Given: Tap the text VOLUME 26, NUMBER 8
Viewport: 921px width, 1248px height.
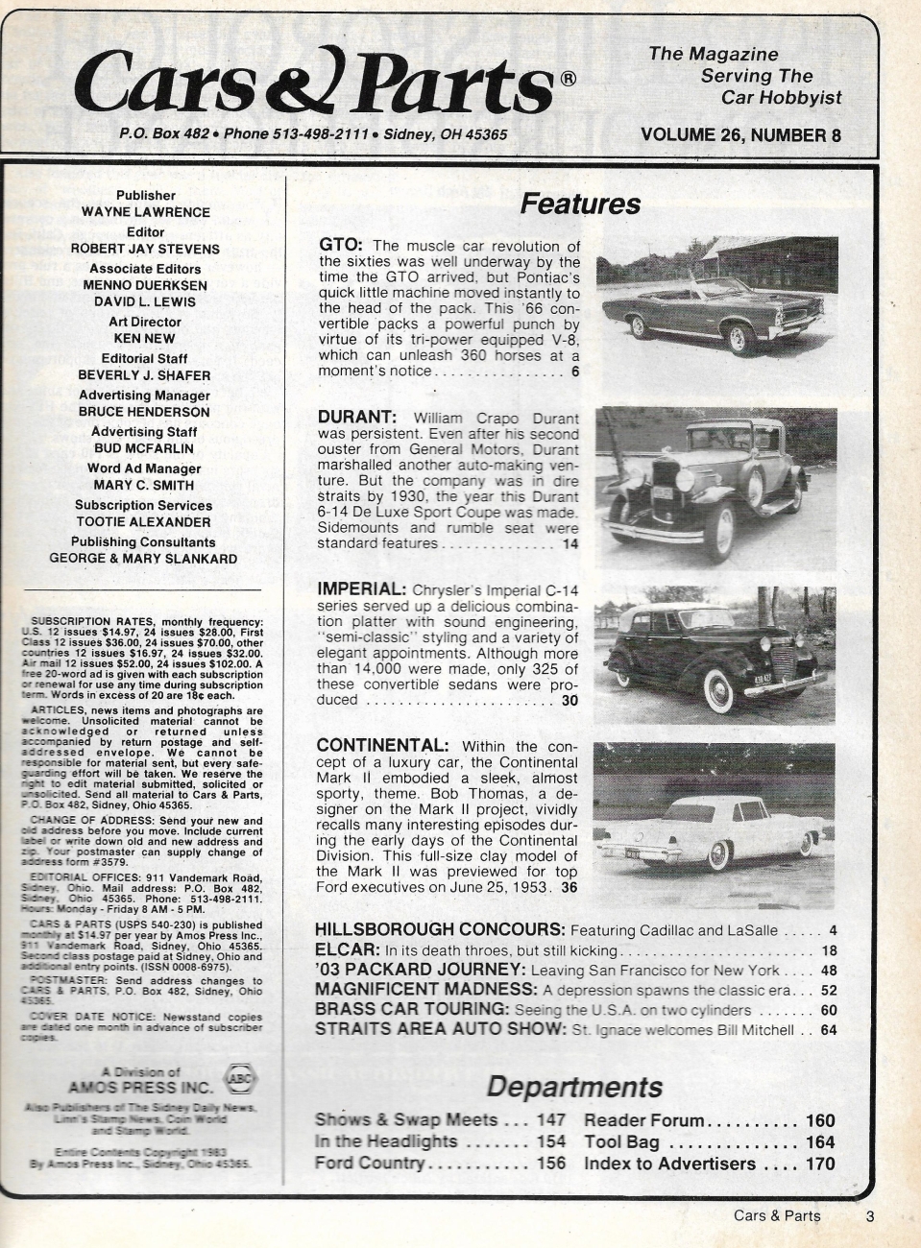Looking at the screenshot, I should click(x=739, y=135).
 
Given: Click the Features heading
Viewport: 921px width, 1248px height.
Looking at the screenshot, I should click(x=579, y=204).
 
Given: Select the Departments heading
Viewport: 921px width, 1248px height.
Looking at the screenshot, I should click(x=573, y=1087).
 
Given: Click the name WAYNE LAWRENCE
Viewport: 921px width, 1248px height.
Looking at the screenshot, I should click(x=145, y=212).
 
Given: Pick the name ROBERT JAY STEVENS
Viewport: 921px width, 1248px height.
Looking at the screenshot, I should click(x=145, y=248).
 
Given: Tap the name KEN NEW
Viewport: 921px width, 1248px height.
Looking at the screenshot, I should click(x=145, y=339).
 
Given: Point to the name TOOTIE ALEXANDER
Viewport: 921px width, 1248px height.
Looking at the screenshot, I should click(x=145, y=522).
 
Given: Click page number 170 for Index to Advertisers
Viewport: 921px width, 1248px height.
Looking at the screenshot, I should click(x=819, y=1164).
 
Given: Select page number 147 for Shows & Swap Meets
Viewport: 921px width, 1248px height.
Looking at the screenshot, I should click(x=552, y=1120).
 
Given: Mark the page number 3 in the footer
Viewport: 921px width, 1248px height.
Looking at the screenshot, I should click(x=869, y=1216).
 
